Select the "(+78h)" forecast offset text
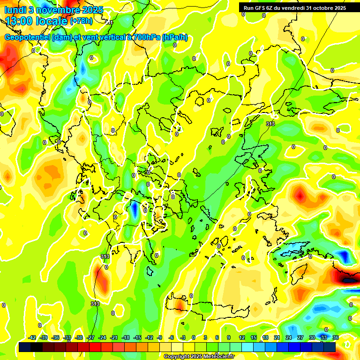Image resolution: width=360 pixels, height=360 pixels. point(81,21)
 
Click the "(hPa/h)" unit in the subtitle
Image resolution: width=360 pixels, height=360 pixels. point(174,37)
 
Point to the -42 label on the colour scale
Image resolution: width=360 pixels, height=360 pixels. point(32,337)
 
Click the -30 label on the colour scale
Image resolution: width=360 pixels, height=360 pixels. point(79,337)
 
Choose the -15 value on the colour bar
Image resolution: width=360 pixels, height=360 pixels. point(137,337)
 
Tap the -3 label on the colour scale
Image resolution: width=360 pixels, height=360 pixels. point(183,337)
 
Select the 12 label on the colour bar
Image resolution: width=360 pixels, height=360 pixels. point(241,337)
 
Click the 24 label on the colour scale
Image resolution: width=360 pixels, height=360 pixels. point(289,337)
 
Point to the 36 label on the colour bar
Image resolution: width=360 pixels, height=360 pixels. point(335,337)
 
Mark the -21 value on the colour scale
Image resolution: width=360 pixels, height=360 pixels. point(114,337)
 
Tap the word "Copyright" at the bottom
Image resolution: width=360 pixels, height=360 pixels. point(177,357)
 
